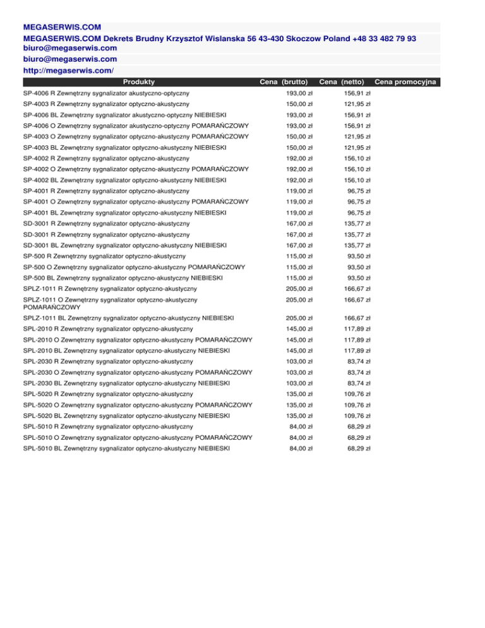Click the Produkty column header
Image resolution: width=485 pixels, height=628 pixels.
(139, 82)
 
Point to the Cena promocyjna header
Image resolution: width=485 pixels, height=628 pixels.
(407, 82)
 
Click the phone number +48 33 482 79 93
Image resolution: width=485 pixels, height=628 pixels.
(379, 39)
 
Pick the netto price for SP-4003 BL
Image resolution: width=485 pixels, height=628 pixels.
(358, 147)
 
